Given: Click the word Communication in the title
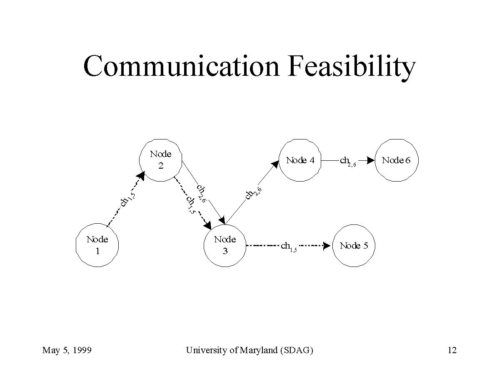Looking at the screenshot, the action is click(181, 66).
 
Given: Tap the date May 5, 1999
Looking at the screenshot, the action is click(67, 350).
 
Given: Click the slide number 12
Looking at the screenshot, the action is click(452, 350).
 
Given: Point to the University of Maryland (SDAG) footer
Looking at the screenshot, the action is click(249, 350).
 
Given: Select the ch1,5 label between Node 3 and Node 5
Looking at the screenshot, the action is click(289, 247).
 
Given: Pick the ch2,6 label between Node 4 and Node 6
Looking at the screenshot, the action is click(348, 161).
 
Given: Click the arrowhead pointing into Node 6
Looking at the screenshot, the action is click(371, 160).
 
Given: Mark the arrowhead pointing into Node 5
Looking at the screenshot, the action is click(327, 246).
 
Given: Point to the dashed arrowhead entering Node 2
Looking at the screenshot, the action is click(141, 176).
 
